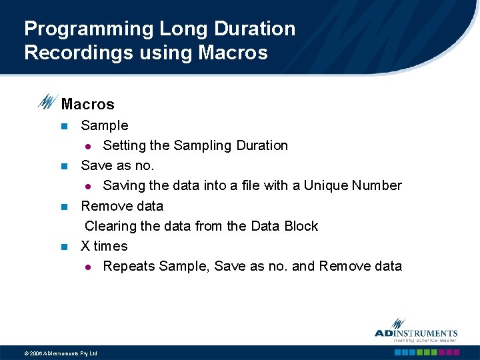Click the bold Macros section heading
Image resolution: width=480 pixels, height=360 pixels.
pyautogui.click(x=87, y=104)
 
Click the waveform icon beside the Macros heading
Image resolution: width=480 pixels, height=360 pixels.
pyautogui.click(x=47, y=101)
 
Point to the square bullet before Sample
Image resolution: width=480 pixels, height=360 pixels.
pyautogui.click(x=64, y=126)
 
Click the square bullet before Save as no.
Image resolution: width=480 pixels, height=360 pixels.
pyautogui.click(x=64, y=166)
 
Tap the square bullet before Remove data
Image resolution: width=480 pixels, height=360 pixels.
pyautogui.click(x=64, y=206)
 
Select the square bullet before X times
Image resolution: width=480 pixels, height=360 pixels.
pyautogui.click(x=64, y=246)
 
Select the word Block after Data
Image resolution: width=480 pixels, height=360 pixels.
pyautogui.click(x=301, y=226)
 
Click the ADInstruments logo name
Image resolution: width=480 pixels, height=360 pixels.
pyautogui.click(x=416, y=333)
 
